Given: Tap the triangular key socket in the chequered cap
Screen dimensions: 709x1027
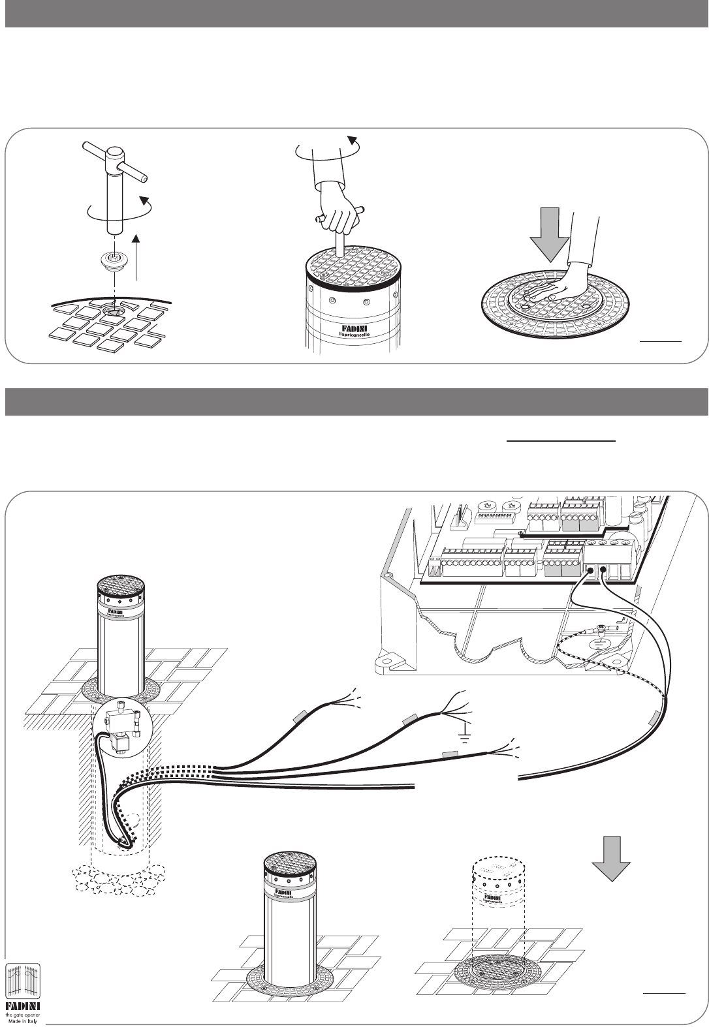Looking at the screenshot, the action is pyautogui.click(x=114, y=311).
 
